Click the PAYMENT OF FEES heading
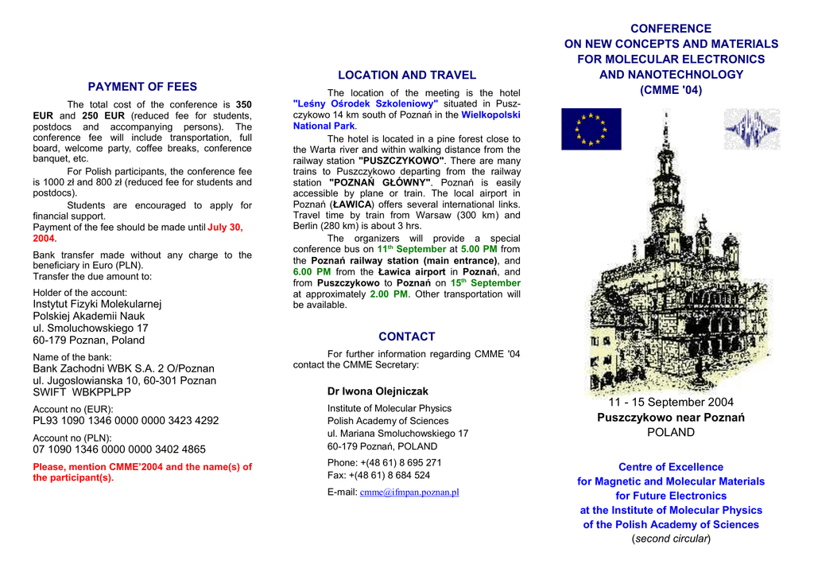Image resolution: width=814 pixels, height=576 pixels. pyautogui.click(x=142, y=87)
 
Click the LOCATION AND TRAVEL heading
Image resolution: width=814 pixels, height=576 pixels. pyautogui.click(x=407, y=76)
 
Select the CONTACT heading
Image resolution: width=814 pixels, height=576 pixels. pyautogui.click(x=407, y=337)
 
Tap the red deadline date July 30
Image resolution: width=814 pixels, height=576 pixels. pyautogui.click(x=225, y=228)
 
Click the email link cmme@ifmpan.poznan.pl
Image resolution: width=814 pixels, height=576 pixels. pyautogui.click(x=409, y=492)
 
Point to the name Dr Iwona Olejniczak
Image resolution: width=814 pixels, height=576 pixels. pyautogui.click(x=378, y=391)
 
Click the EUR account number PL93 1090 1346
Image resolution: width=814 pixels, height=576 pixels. pyautogui.click(x=126, y=421)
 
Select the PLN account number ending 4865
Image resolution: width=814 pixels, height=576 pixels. pyautogui.click(x=119, y=450)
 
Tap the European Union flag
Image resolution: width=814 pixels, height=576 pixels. pyautogui.click(x=591, y=129)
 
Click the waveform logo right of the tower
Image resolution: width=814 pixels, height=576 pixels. pyautogui.click(x=751, y=129)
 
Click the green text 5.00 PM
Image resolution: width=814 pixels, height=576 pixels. pyautogui.click(x=479, y=249)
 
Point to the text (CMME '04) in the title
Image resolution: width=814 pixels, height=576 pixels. pyautogui.click(x=671, y=90)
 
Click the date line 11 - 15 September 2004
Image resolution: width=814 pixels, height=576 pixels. pyautogui.click(x=671, y=403)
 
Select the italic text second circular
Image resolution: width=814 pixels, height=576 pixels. pyautogui.click(x=671, y=539)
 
